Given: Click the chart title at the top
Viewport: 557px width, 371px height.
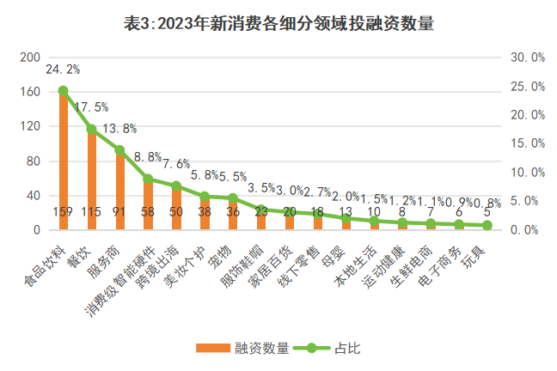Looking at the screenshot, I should tap(278, 23).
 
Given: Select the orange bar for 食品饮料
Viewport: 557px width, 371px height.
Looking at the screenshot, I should tap(63, 163).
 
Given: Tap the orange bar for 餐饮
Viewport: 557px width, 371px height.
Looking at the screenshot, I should tap(91, 180).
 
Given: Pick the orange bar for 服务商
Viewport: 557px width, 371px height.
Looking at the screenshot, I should tap(119, 191).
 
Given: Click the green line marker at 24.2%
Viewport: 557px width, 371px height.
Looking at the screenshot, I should tap(63, 90).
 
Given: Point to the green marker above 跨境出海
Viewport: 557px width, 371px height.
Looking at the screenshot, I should tap(176, 185).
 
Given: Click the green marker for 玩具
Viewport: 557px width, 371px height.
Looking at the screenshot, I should tap(487, 225).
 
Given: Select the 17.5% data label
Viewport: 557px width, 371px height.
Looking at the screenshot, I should tap(91, 107).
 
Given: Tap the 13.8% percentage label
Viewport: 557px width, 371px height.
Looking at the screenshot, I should tap(119, 129).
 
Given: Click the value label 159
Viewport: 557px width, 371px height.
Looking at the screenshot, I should tap(63, 212).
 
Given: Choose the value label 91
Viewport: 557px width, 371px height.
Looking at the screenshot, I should tap(119, 212).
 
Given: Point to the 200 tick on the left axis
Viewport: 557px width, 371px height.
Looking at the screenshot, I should tap(30, 57).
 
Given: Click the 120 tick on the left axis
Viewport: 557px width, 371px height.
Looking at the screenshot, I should tap(30, 126).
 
